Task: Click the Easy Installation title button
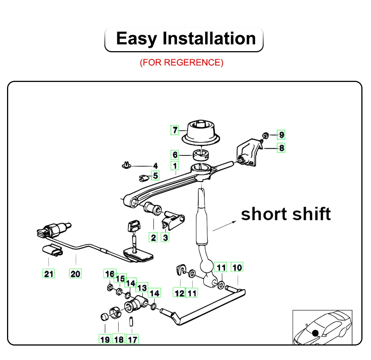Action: pos(184,39)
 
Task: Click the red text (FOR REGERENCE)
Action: pos(181,62)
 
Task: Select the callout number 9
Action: pos(282,135)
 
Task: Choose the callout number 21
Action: pos(49,274)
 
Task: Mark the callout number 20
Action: pos(75,274)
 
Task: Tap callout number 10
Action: pos(237,267)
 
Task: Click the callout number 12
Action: pos(180,293)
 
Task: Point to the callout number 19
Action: pos(105,339)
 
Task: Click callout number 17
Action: pos(132,339)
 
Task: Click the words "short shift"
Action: pos(286,214)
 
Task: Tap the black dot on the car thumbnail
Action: pos(315,333)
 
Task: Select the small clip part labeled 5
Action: pos(142,178)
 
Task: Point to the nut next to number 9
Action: pos(265,135)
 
